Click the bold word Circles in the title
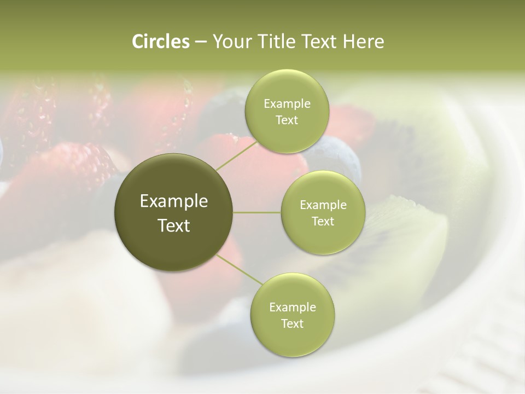[x=160, y=42]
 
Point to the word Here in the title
[x=363, y=42]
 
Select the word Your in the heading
[x=229, y=42]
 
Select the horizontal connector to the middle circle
[x=257, y=212]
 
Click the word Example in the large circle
[x=174, y=201]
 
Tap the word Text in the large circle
[x=174, y=225]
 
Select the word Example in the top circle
[x=287, y=103]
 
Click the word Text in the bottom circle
[x=292, y=323]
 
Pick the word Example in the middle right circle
[x=323, y=205]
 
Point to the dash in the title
[x=200, y=42]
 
